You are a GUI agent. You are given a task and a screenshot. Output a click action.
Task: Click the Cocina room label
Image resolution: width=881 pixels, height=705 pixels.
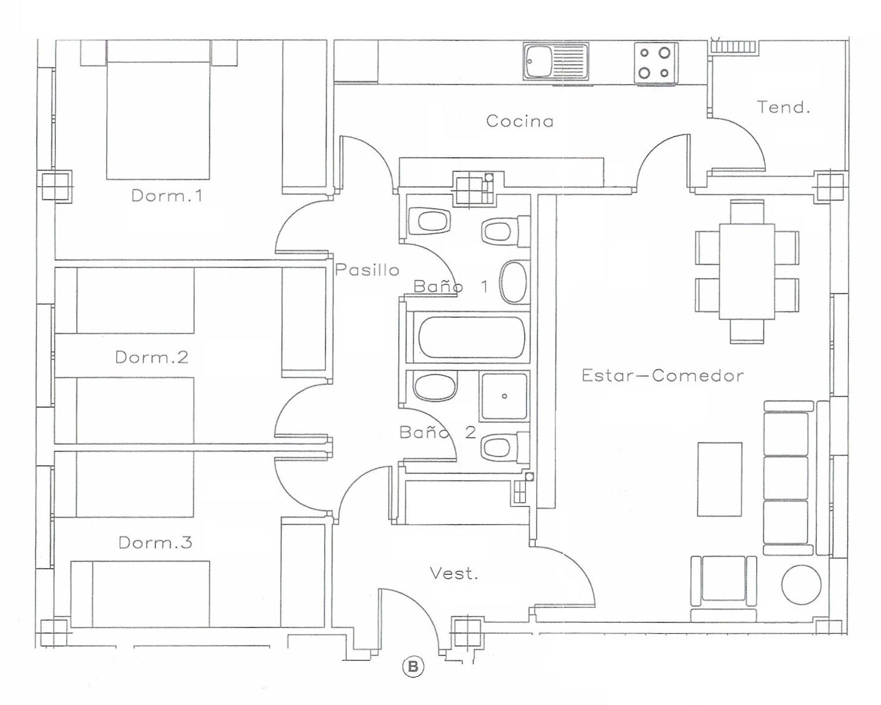coord(520,121)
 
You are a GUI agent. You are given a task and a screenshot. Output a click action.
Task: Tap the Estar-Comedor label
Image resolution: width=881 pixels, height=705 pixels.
coord(663,376)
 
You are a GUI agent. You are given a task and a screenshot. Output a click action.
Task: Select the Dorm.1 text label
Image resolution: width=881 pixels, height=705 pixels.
coord(167,195)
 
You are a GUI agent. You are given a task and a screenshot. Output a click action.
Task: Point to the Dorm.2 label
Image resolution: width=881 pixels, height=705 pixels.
coord(152,357)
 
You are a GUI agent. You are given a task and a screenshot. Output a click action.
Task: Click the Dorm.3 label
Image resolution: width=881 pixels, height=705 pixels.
coord(155,542)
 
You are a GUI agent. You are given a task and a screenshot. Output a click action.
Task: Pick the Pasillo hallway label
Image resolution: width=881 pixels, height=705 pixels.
coord(367,269)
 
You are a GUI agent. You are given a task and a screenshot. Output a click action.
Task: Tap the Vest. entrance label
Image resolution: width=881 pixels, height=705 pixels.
coord(454,574)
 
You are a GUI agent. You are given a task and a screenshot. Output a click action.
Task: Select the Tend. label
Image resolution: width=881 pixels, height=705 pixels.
coord(784,107)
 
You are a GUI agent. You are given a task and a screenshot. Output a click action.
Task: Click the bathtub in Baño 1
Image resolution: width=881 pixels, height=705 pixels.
coord(471,337)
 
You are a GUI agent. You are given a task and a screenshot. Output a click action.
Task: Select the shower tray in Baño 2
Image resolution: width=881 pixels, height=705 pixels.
coord(505,396)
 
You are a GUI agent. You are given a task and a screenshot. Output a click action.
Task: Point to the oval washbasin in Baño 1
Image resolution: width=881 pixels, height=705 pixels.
coord(514,282)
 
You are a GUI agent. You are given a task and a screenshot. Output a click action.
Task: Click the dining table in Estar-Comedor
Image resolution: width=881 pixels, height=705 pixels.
coord(747,271)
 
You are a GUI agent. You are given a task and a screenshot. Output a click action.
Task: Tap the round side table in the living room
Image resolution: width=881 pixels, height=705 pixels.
coord(801,585)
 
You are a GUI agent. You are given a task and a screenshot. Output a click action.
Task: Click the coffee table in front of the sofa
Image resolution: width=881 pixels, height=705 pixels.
coord(719,479)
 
